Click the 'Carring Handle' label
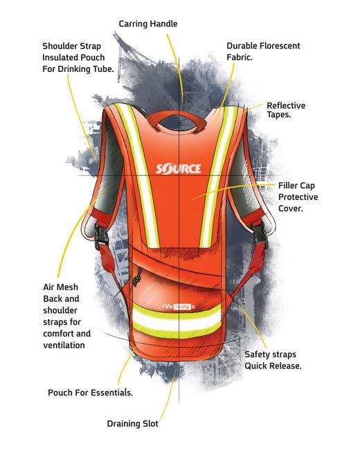pos(148,24)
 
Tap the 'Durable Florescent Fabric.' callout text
pos(263,51)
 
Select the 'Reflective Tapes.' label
pos(286,110)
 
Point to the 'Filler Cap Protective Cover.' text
pos(298,197)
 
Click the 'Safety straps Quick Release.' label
pos(273,360)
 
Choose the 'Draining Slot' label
pos(132,424)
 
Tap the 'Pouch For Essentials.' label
pos(90,393)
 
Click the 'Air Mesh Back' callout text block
pos(66,316)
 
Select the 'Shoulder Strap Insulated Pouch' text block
pos(78,57)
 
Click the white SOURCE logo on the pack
pos(179,169)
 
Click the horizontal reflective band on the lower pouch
pos(177,321)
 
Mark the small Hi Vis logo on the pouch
pos(179,307)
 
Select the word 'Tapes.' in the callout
pos(279,115)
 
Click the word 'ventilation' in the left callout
pos(64,345)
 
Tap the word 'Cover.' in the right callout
pos(291,208)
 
